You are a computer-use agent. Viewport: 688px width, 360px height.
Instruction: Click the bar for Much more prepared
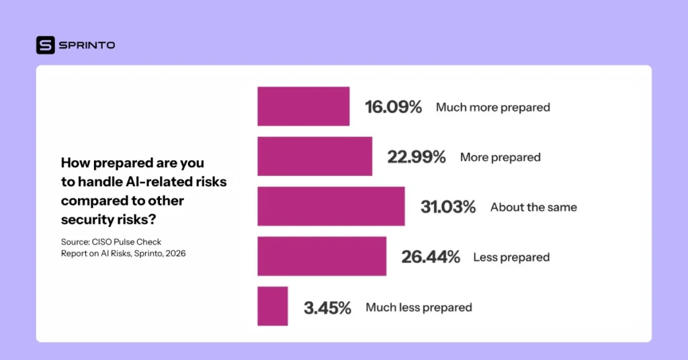[x=303, y=106]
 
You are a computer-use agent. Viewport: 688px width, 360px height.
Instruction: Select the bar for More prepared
[x=314, y=156]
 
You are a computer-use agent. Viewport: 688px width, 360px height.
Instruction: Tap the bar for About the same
[x=331, y=206]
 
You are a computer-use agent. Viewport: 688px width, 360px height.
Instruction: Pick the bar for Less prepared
[x=321, y=256]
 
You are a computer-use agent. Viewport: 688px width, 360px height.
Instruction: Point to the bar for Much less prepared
[x=272, y=306]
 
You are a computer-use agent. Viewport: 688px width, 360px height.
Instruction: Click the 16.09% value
[x=393, y=107]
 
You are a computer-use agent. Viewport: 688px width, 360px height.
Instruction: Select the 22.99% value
[x=417, y=157]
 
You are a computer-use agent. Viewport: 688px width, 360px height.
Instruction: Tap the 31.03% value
[x=448, y=207]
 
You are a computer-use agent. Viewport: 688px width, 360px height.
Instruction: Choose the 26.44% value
[x=431, y=257]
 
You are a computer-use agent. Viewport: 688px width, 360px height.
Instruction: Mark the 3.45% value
[x=327, y=308]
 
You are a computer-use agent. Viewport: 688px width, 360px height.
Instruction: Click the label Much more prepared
[x=492, y=107]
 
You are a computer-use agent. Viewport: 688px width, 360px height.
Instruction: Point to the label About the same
[x=533, y=208]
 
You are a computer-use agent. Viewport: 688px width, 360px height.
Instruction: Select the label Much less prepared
[x=419, y=308]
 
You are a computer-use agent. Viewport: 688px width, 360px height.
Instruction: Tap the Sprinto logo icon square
[x=45, y=45]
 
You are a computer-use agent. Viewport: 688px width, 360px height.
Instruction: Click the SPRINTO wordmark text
[x=87, y=45]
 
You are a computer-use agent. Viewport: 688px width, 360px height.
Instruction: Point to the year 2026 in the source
[x=175, y=254]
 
